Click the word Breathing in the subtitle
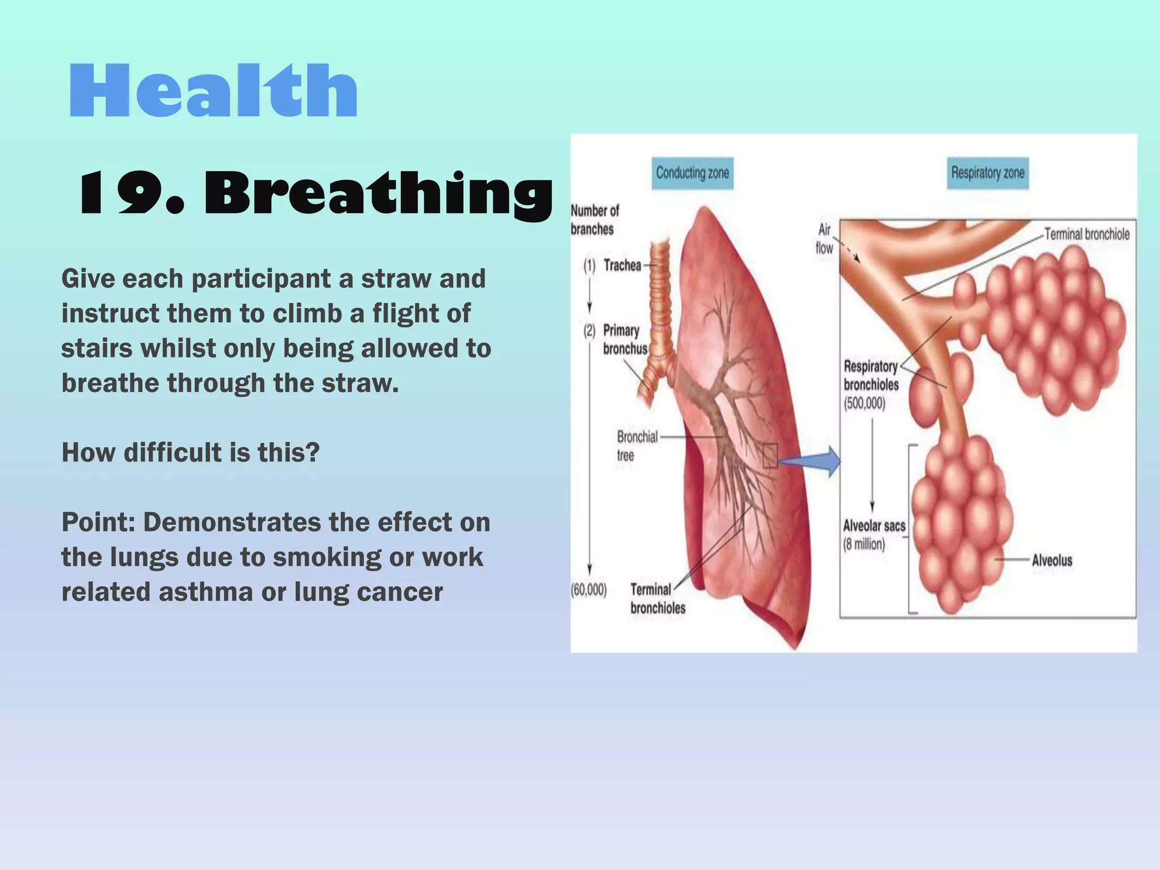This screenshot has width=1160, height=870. coord(378,194)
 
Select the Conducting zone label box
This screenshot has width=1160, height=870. coord(692,173)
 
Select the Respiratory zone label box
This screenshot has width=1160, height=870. coord(987,173)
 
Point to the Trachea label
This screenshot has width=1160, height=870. coord(622,265)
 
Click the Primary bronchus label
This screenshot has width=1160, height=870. coord(625,339)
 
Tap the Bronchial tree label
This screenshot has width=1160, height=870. coord(637,446)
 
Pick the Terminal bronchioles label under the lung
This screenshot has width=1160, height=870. coord(657,599)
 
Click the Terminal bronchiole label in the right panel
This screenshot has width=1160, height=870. coord(1086,234)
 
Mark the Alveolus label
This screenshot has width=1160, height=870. coord(1052,560)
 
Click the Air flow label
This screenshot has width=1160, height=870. coord(824,238)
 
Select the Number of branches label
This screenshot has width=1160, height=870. coord(594,220)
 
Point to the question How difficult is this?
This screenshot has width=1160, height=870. coord(190,453)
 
